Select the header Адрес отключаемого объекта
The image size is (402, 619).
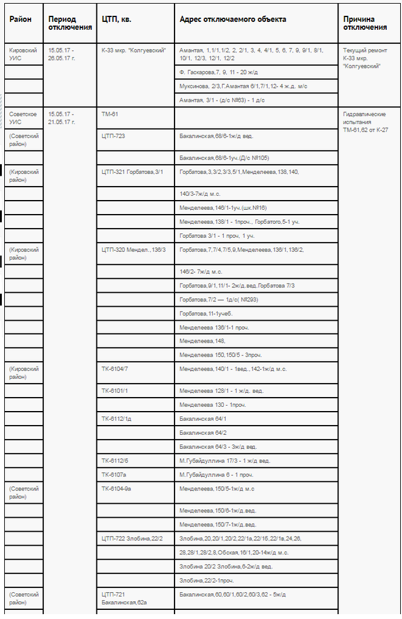[x=232, y=20]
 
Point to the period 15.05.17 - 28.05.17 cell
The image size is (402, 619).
[x=61, y=54]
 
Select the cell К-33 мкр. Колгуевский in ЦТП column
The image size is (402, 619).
[x=134, y=50]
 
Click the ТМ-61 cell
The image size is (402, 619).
[x=110, y=114]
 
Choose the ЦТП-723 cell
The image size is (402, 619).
[x=113, y=136]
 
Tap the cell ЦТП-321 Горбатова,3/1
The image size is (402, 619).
[x=132, y=172]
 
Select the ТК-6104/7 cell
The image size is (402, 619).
[x=115, y=369]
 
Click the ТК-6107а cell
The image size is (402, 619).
[x=114, y=474]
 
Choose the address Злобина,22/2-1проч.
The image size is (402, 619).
[x=207, y=580]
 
